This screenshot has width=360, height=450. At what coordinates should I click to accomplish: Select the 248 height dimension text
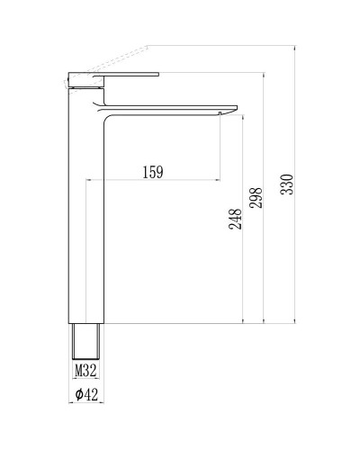point(235,220)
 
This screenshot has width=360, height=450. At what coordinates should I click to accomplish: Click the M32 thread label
point(85,370)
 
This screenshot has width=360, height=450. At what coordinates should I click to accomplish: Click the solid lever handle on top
point(126,74)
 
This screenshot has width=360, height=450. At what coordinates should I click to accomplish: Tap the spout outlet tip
point(225,112)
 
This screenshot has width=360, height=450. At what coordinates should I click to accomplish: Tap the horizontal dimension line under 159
point(153,180)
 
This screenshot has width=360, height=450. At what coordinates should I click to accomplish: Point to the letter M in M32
point(78,370)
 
